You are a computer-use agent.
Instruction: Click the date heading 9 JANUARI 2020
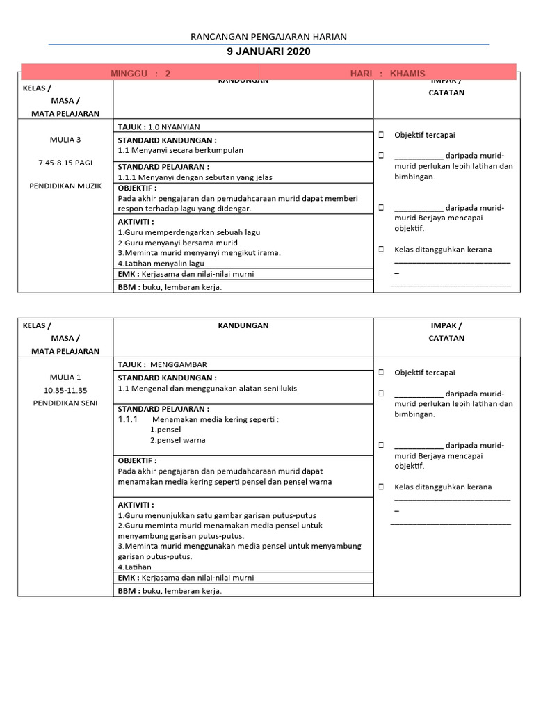pyautogui.click(x=268, y=51)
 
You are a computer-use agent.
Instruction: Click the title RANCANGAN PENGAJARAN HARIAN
pyautogui.click(x=268, y=37)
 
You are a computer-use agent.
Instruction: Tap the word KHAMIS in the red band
pyautogui.click(x=407, y=74)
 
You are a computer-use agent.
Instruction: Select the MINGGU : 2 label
pyautogui.click(x=140, y=74)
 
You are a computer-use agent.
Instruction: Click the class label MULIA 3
pyautogui.click(x=65, y=140)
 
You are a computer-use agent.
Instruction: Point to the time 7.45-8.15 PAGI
pyautogui.click(x=65, y=163)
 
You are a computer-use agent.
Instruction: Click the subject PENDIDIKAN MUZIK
pyautogui.click(x=65, y=186)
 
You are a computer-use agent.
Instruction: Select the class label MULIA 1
pyautogui.click(x=65, y=378)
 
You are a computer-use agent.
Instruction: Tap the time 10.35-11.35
pyautogui.click(x=65, y=390)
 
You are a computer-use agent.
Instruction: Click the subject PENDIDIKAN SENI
pyautogui.click(x=65, y=403)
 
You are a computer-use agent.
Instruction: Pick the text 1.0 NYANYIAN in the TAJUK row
pyautogui.click(x=174, y=127)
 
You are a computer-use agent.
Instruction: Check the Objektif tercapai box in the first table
pyautogui.click(x=381, y=135)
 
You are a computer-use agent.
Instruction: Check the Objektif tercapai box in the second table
pyautogui.click(x=381, y=373)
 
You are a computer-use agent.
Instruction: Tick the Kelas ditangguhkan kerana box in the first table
pyautogui.click(x=381, y=250)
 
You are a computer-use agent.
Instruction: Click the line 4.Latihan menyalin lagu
pyautogui.click(x=161, y=264)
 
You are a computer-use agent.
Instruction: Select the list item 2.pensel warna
pyautogui.click(x=178, y=440)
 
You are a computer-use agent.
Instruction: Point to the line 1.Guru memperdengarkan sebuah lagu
pyautogui.click(x=189, y=232)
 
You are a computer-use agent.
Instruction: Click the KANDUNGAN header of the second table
pyautogui.click(x=243, y=325)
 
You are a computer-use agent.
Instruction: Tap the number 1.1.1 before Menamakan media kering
pyautogui.click(x=128, y=420)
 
